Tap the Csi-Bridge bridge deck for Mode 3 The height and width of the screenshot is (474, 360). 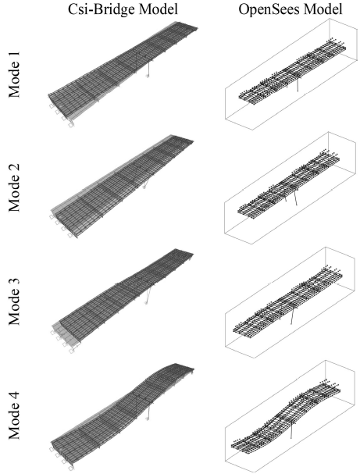point(117,293)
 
